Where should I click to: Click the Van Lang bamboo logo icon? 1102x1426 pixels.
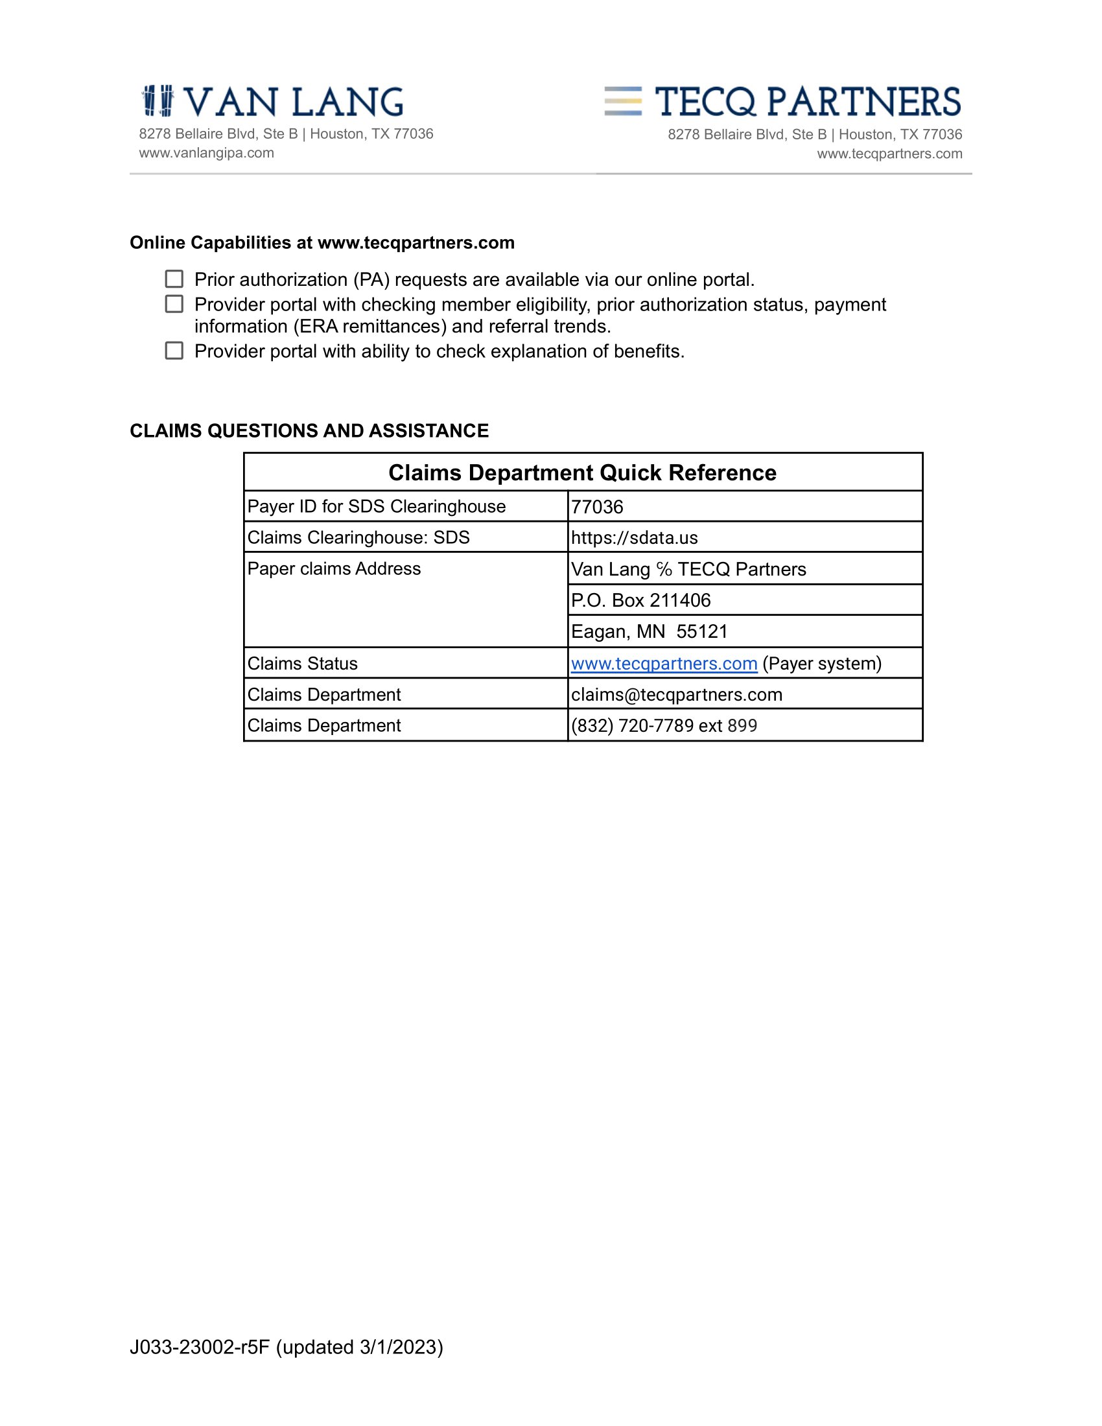(x=158, y=101)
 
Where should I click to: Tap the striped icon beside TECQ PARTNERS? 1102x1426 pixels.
(x=623, y=101)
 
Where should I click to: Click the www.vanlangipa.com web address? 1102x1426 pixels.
(x=206, y=153)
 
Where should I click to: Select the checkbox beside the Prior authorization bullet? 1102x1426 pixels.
(x=174, y=279)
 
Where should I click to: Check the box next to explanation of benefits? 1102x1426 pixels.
(x=174, y=351)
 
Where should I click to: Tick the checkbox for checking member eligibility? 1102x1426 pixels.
(x=174, y=304)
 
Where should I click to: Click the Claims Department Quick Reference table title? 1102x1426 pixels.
(x=582, y=473)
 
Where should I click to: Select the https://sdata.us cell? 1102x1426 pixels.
(x=634, y=538)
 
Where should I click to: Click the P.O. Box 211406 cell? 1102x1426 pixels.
(x=640, y=601)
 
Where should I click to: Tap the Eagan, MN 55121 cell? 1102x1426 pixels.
(x=649, y=632)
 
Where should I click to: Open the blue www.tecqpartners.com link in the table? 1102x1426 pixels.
(x=664, y=664)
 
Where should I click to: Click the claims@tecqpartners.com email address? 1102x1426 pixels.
(x=676, y=695)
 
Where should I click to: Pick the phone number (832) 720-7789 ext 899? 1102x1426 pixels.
(x=664, y=726)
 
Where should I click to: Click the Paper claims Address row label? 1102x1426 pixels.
(x=334, y=568)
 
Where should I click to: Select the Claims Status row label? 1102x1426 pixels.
(x=302, y=664)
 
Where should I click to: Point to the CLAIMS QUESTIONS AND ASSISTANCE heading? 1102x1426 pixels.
(x=309, y=431)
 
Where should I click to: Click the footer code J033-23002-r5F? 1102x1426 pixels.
(x=200, y=1347)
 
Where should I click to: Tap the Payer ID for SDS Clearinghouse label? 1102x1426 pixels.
(x=376, y=507)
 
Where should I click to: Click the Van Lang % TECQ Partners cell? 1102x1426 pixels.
(x=688, y=569)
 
